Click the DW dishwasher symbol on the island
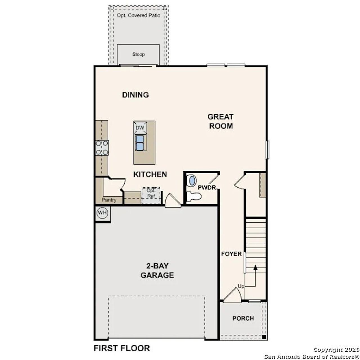pyautogui.click(x=140, y=128)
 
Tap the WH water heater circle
pyautogui.click(x=102, y=213)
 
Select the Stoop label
pyautogui.click(x=139, y=54)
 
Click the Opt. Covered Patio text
pyautogui.click(x=139, y=15)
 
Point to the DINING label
pyautogui.click(x=135, y=95)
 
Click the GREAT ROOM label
pyautogui.click(x=221, y=121)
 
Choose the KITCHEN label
pyautogui.click(x=150, y=174)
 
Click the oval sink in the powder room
pyautogui.click(x=192, y=181)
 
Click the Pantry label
pyautogui.click(x=109, y=200)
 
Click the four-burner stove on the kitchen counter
pyautogui.click(x=102, y=148)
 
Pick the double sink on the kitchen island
pyautogui.click(x=140, y=143)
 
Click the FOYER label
pyautogui.click(x=231, y=254)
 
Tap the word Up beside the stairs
pyautogui.click(x=241, y=286)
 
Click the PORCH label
pyautogui.click(x=243, y=318)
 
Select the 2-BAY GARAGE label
pyautogui.click(x=157, y=270)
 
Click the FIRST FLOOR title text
pyautogui.click(x=121, y=348)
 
